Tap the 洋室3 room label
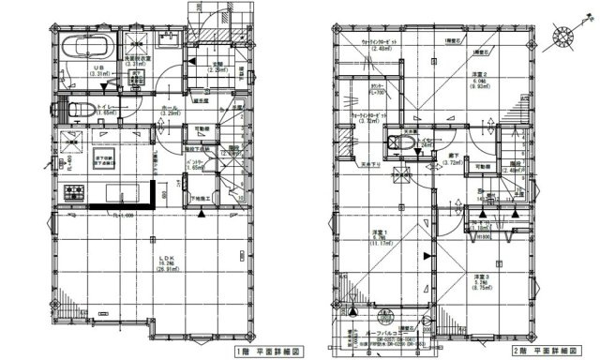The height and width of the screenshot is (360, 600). click(x=482, y=278)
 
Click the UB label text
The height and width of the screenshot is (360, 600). click(x=97, y=68)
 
